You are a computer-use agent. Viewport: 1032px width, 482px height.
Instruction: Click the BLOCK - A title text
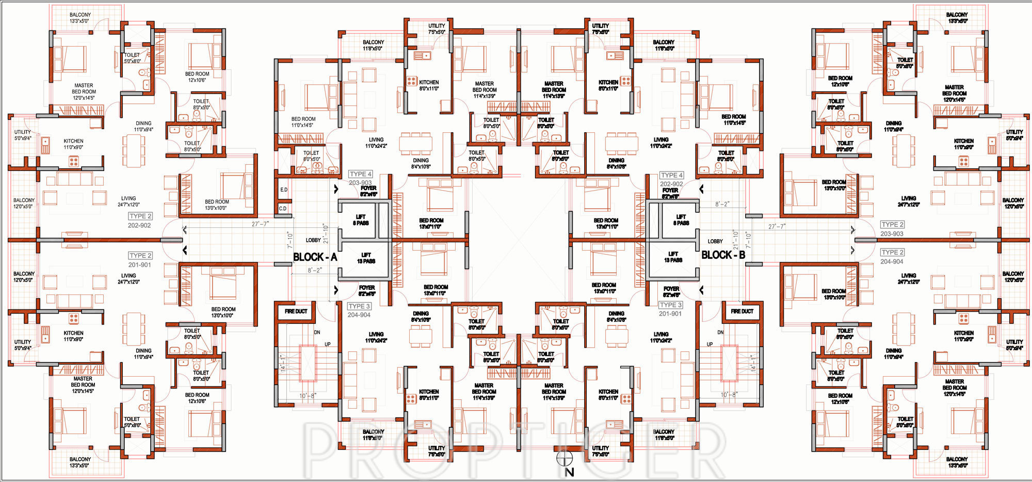tap(315, 257)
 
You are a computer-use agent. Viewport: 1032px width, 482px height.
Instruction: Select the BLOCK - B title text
tap(723, 255)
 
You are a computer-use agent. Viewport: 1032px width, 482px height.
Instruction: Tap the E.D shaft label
tap(283, 190)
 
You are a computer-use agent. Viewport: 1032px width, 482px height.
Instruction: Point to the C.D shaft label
tap(283, 209)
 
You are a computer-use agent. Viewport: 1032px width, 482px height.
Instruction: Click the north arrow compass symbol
tap(565, 458)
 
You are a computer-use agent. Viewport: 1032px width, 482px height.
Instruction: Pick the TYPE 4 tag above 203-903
tap(360, 174)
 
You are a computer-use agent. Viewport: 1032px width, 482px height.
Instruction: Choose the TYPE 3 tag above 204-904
tap(359, 306)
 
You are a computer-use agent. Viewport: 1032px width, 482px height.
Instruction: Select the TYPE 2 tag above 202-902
tap(140, 216)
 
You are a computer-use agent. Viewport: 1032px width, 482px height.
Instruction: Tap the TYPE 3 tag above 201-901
tap(671, 305)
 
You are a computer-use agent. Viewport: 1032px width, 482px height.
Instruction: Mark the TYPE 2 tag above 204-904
tap(892, 252)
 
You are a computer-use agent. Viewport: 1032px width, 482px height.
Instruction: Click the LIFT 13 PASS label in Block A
tap(366, 258)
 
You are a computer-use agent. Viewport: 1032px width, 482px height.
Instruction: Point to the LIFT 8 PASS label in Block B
tap(681, 220)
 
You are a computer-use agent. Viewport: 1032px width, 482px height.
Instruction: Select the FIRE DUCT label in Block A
tap(296, 311)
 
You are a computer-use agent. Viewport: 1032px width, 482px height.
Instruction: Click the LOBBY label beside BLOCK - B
tap(715, 241)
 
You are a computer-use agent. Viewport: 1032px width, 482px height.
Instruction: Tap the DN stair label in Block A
tap(317, 332)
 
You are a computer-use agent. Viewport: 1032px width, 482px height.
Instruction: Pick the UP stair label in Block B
tap(709, 344)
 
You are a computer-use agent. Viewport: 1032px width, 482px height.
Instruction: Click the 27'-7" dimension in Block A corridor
tap(260, 224)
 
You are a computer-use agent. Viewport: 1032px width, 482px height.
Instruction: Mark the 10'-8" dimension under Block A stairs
tap(308, 396)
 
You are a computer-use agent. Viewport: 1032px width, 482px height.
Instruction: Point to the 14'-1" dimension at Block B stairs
tap(754, 363)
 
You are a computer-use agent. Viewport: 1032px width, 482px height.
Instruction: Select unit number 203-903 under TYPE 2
tap(892, 234)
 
